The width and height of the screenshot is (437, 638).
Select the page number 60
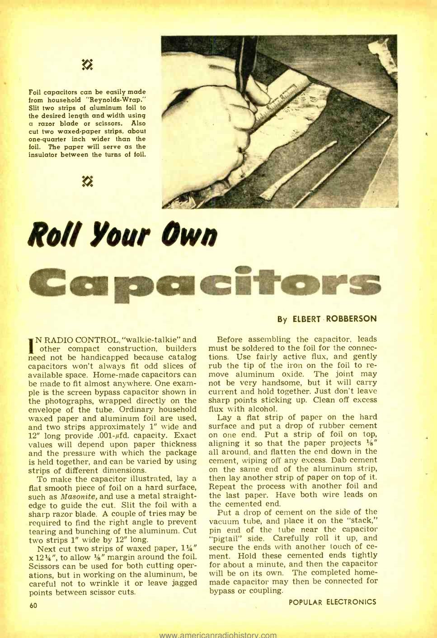click(x=33, y=605)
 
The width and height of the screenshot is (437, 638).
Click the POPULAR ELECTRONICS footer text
click(x=332, y=602)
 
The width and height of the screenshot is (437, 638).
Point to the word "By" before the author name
click(x=282, y=319)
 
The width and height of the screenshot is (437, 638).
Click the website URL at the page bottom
click(x=218, y=634)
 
